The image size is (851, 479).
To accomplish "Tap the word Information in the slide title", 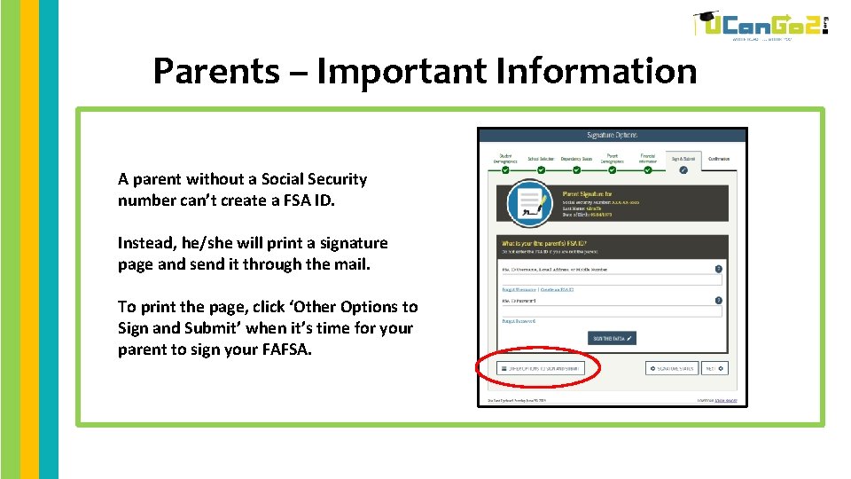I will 597,71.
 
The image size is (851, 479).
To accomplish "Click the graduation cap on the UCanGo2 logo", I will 707,19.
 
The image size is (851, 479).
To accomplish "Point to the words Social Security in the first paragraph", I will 314,179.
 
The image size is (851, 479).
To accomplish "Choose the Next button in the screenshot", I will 714,368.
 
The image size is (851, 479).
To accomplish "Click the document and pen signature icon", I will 529,204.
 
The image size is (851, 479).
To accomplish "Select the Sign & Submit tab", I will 683,159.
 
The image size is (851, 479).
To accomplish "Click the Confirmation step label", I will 719,159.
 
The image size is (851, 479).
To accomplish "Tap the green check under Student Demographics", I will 505,169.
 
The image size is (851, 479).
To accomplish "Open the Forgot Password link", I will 519,322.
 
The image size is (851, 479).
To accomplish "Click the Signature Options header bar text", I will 612,136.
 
